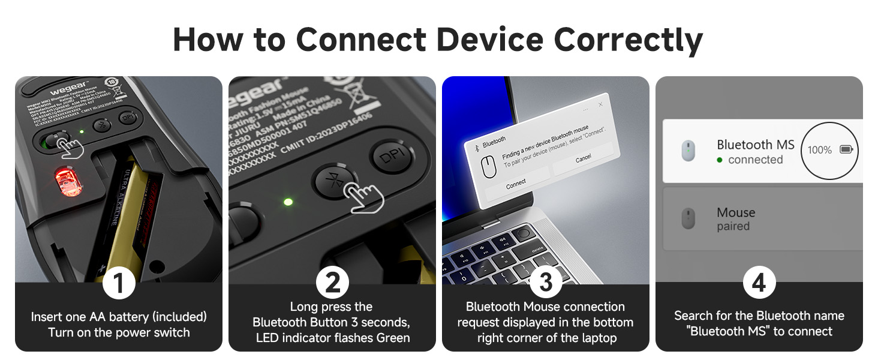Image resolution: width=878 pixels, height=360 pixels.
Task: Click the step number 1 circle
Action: pos(119,283)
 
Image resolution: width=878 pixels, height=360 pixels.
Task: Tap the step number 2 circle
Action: pos(332,283)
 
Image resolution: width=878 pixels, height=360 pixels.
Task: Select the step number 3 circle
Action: pos(545,283)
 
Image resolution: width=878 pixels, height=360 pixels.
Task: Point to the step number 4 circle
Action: pos(759,283)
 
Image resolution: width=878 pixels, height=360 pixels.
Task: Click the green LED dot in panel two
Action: pos(288,202)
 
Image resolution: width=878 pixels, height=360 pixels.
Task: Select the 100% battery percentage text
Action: pos(819,150)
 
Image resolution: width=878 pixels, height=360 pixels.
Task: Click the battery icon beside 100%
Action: pos(846,149)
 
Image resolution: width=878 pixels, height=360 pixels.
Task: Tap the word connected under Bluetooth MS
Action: pos(755,160)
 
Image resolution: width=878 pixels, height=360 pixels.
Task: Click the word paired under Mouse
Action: pos(733,227)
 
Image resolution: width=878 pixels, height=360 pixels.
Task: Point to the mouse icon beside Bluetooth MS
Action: pos(688,151)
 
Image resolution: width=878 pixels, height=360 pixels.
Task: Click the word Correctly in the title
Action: pos(629,40)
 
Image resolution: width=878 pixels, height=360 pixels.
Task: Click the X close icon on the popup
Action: pos(600,104)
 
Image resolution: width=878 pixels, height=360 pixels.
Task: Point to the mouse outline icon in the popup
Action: pos(489,167)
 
